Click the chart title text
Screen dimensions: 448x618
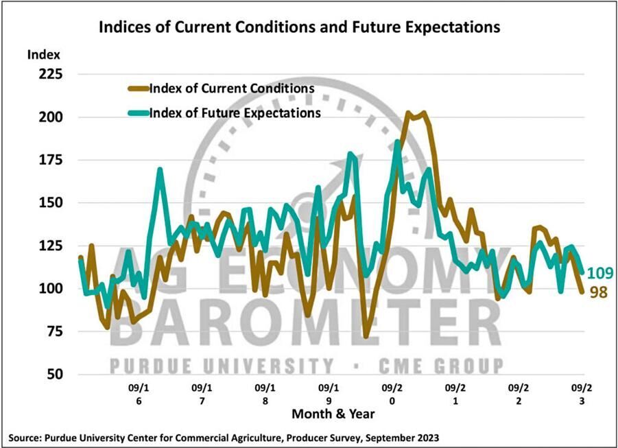[x=300, y=27]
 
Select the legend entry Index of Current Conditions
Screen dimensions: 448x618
[x=232, y=89]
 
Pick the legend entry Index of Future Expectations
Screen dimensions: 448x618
[x=235, y=113]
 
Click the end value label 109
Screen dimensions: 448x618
[x=599, y=273]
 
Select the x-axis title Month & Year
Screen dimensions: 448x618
[x=333, y=414]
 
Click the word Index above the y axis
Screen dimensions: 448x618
[x=44, y=54]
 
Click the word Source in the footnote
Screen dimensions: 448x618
[x=27, y=436]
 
